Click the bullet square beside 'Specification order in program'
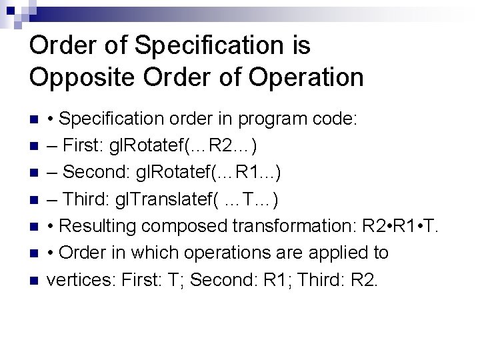35,121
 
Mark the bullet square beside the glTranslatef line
35,201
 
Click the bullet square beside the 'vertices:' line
35,281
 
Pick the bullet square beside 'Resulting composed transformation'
35,227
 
